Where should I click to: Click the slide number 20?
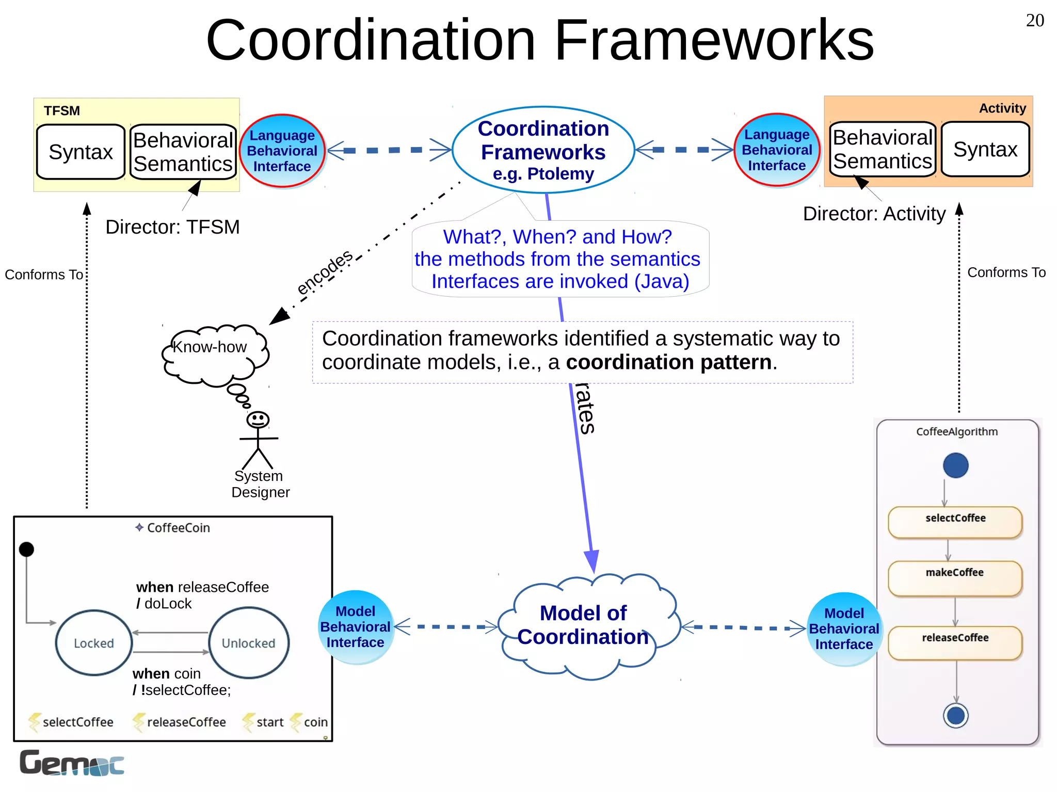click(1034, 21)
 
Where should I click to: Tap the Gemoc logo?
click(72, 763)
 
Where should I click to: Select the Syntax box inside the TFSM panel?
click(81, 152)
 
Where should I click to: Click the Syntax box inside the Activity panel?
click(985, 150)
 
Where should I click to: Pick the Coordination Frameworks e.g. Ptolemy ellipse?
click(543, 150)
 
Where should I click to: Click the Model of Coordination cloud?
click(583, 625)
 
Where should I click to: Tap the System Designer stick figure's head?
click(258, 419)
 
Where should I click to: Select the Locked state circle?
click(94, 643)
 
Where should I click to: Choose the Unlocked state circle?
click(249, 643)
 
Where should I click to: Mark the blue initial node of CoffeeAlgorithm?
click(955, 465)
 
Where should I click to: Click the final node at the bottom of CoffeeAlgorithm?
click(955, 716)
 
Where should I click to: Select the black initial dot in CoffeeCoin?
click(26, 549)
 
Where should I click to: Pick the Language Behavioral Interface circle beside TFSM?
click(282, 151)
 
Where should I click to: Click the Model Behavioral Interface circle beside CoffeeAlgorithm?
click(844, 629)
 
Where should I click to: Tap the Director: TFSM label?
click(172, 227)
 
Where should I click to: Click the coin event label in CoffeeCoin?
click(315, 722)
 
